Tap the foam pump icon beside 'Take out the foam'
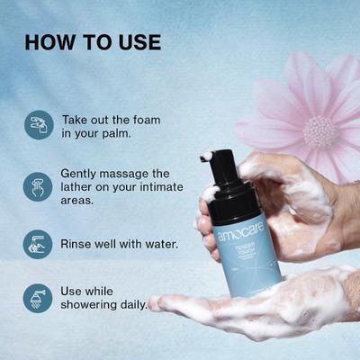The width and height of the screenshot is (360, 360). point(38,125)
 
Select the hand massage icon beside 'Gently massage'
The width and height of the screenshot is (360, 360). point(38,186)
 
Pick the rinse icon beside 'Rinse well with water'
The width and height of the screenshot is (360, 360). point(38,244)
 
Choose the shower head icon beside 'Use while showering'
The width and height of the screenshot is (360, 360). point(38,298)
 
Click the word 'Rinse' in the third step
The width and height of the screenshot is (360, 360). point(78,243)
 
